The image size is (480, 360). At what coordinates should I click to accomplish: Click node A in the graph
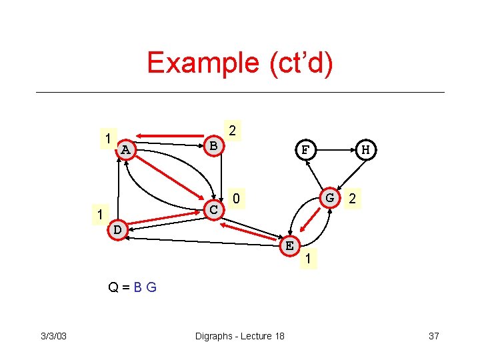pyautogui.click(x=125, y=150)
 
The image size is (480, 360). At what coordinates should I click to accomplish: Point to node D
pyautogui.click(x=117, y=229)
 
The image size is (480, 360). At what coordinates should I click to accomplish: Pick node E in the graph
pyautogui.click(x=289, y=245)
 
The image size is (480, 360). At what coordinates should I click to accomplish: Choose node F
pyautogui.click(x=305, y=149)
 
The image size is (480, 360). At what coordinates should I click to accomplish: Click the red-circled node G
pyautogui.click(x=329, y=198)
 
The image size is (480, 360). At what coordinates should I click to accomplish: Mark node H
pyautogui.click(x=365, y=149)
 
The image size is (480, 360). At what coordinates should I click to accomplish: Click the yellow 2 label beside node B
pyautogui.click(x=232, y=130)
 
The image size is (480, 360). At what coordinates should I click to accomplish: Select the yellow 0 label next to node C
pyautogui.click(x=236, y=198)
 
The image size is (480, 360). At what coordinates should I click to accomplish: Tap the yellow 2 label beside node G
pyautogui.click(x=352, y=199)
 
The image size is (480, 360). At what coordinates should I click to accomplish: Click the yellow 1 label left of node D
pyautogui.click(x=99, y=215)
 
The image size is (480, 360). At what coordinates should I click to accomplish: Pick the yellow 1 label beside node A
pyautogui.click(x=108, y=139)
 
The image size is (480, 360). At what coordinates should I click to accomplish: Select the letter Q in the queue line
pyautogui.click(x=114, y=288)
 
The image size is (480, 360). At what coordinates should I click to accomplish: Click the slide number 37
pyautogui.click(x=433, y=336)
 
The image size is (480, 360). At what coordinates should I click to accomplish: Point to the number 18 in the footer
pyautogui.click(x=279, y=336)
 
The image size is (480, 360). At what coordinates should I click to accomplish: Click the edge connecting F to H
pyautogui.click(x=335, y=149)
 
